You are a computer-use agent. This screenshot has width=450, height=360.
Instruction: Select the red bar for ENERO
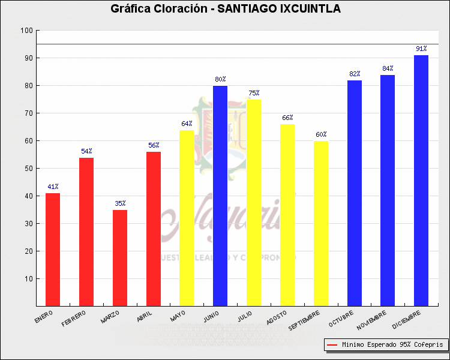(53, 249)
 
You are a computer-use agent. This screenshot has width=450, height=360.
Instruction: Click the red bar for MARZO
(120, 258)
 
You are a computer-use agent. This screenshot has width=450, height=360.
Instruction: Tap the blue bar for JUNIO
(220, 196)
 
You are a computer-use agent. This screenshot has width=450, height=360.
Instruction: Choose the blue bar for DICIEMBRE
(421, 180)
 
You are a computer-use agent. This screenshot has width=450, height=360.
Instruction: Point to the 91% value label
(421, 49)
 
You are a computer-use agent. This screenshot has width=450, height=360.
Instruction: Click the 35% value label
(120, 203)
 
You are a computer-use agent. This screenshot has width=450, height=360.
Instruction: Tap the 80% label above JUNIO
(220, 79)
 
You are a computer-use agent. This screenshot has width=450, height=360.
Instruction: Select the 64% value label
(187, 124)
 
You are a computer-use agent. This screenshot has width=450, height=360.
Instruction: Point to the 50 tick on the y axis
(28, 169)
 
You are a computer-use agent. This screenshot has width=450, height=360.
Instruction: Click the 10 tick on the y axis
(28, 279)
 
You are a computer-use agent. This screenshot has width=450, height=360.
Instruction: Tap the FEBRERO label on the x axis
(74, 319)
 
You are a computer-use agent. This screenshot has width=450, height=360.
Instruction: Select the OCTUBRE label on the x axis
(340, 319)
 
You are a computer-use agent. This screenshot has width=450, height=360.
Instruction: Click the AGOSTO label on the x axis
(275, 317)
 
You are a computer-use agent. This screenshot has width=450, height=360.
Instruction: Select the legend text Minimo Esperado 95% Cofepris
(392, 345)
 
